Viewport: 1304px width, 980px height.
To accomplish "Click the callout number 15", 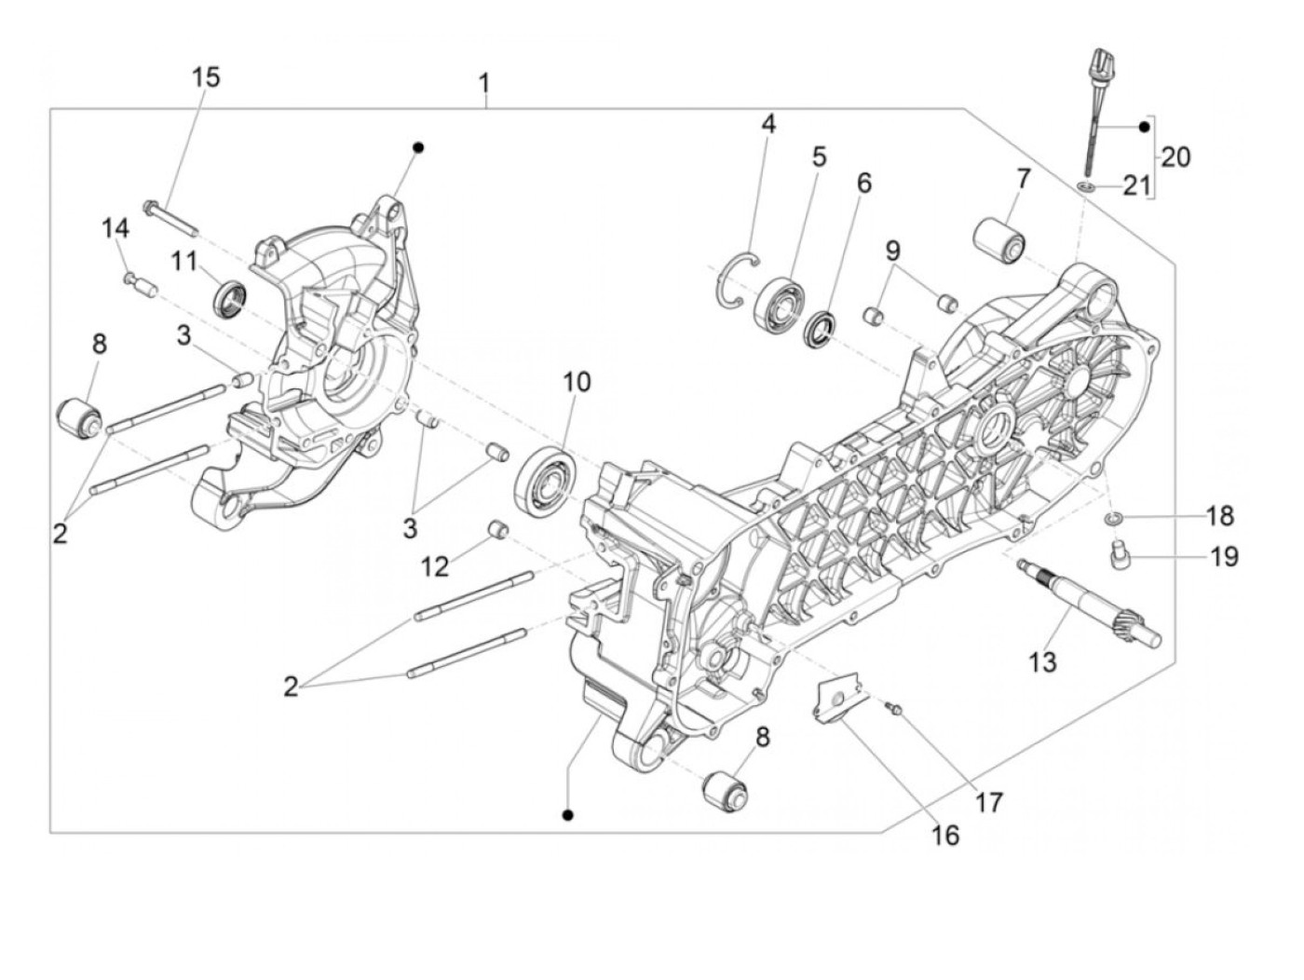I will point(206,77).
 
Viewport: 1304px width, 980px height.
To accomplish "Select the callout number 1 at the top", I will point(484,85).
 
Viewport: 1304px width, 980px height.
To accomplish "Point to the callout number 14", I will point(115,228).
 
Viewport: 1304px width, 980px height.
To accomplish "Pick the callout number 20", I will point(1175,157).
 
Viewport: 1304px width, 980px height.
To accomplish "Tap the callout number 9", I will point(893,251).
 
